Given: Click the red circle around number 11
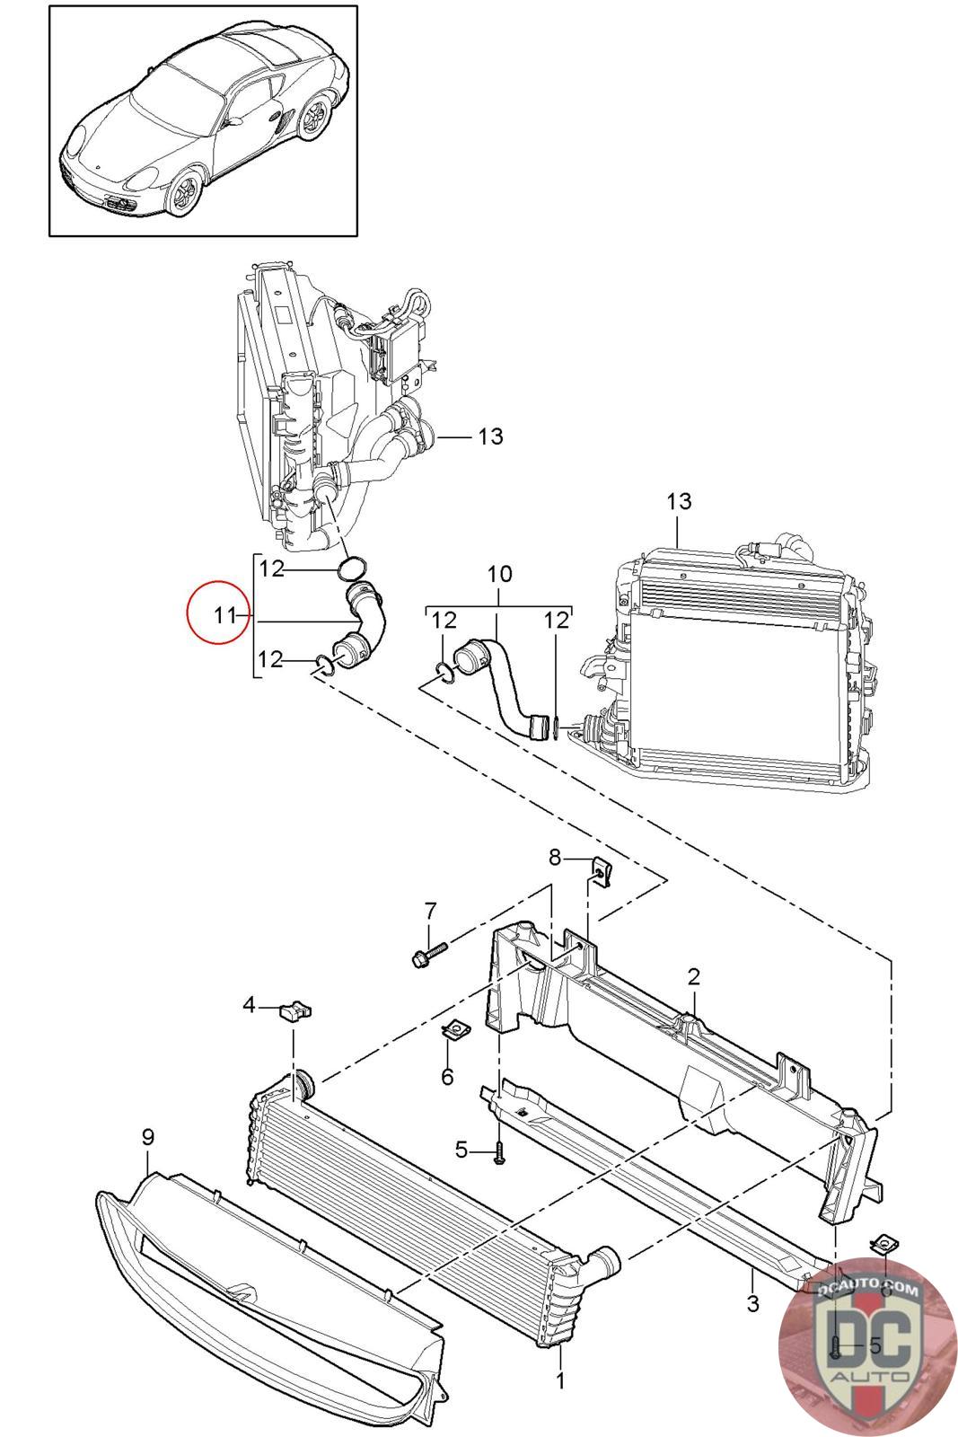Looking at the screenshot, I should tap(216, 615).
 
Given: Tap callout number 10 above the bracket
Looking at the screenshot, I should tap(499, 573).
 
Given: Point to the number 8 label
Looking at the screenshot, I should tap(555, 858).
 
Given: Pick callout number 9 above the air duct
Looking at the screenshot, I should tap(148, 1137).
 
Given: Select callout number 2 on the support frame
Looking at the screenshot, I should tap(694, 976).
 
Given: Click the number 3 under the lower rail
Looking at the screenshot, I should tap(752, 1302).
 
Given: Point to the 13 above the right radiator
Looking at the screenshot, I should tap(680, 500).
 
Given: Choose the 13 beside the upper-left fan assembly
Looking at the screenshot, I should tap(490, 436).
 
